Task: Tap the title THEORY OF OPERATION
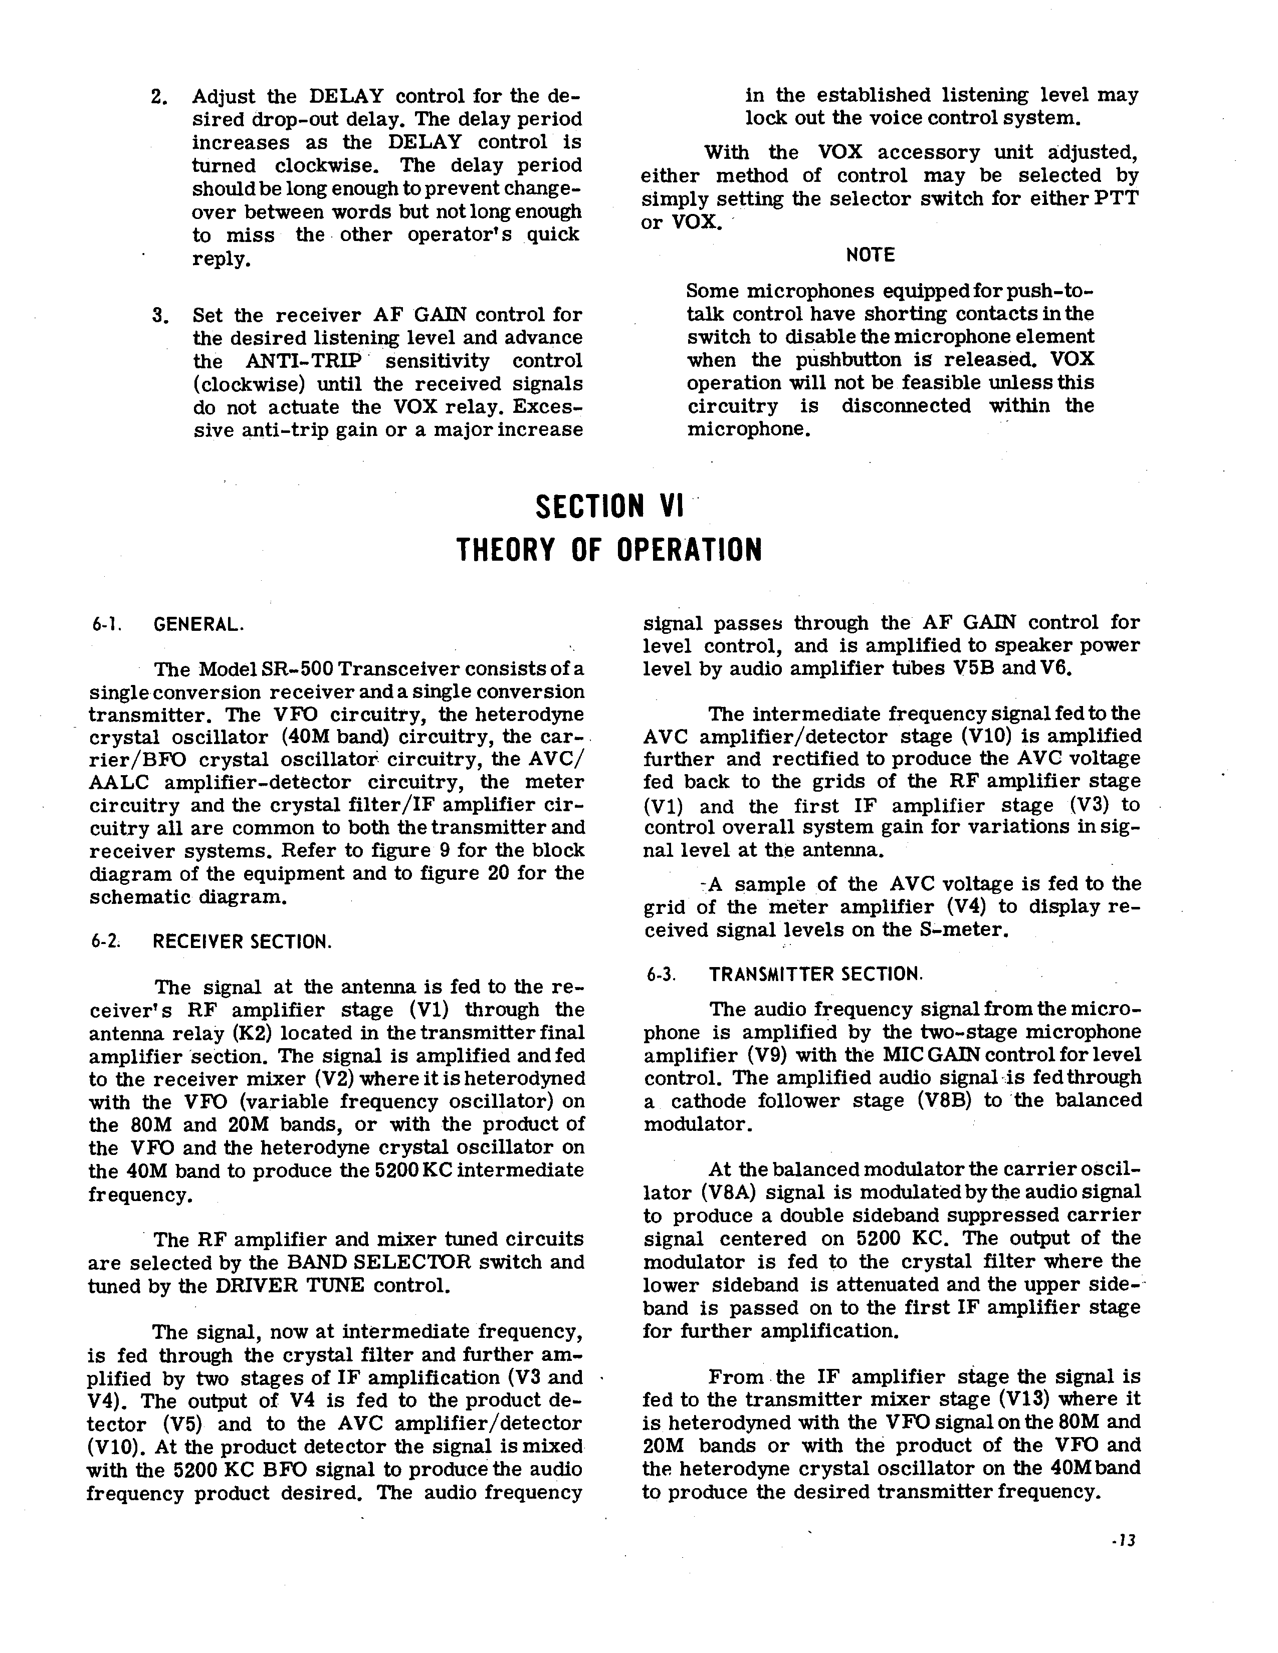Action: (609, 550)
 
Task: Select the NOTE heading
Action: (870, 255)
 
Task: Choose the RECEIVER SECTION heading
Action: (242, 942)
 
